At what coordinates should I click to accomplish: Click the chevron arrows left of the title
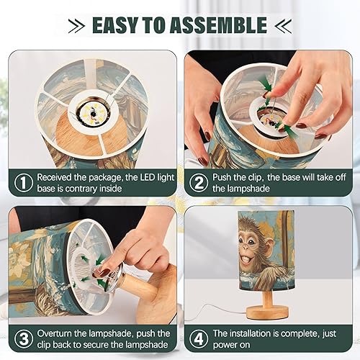pos(76,26)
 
